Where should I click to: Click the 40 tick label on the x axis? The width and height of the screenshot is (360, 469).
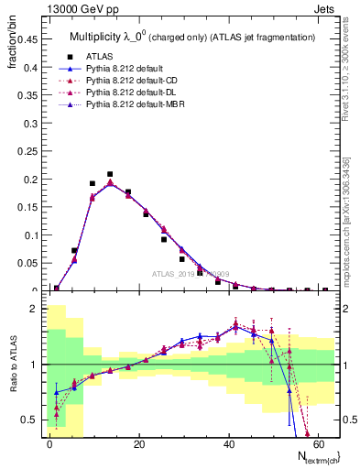coord(228,444)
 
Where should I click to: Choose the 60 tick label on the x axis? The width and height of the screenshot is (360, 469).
coord(318,444)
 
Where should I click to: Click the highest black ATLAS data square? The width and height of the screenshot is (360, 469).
coord(110,174)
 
